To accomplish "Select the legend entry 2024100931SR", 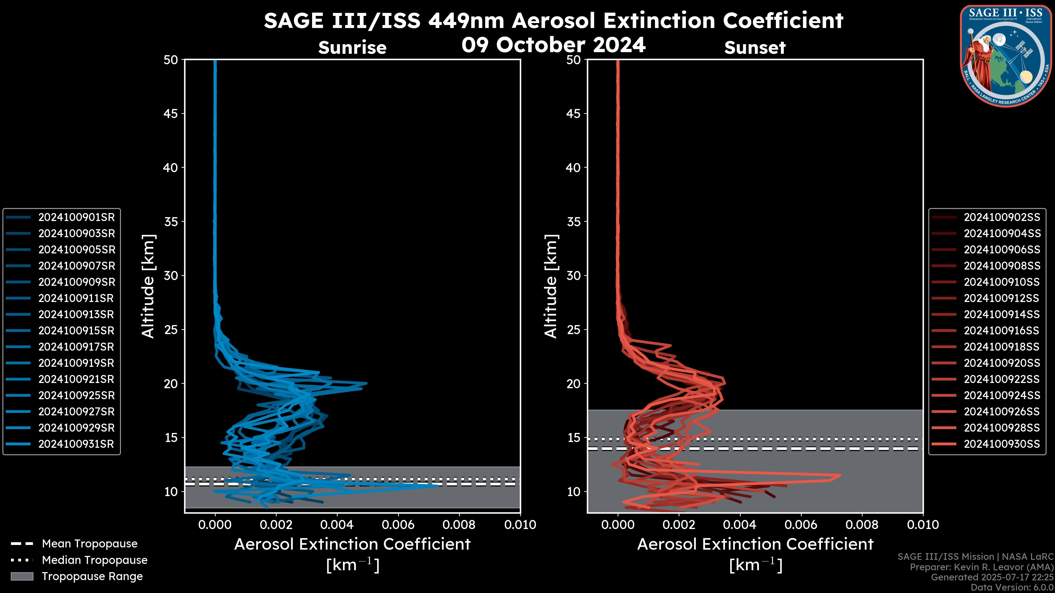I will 76,444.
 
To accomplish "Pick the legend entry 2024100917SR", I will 76,347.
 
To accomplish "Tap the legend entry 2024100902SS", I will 1002,217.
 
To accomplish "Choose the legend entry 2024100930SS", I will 1002,444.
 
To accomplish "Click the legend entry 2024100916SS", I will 1002,331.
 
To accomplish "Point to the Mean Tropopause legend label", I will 90,544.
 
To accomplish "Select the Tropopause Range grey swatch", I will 22,576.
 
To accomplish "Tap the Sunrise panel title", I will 352,48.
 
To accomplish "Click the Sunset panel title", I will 755,48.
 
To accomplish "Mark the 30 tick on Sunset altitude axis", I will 573,275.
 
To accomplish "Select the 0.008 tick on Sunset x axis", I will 862,525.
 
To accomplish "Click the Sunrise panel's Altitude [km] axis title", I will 148,286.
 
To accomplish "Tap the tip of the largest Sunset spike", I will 840,475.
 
